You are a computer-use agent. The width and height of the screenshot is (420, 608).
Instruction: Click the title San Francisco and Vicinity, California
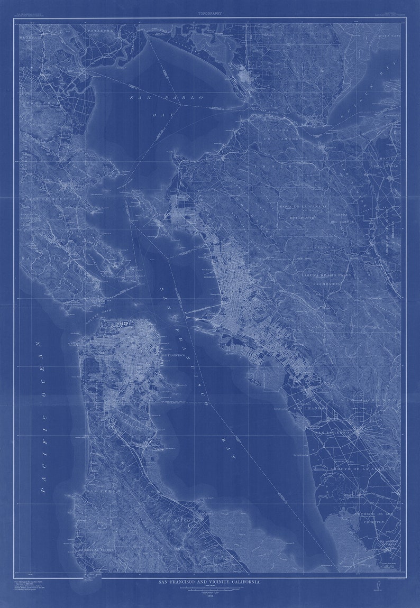tap(209, 582)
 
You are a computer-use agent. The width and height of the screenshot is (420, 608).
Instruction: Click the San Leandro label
tap(311, 408)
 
